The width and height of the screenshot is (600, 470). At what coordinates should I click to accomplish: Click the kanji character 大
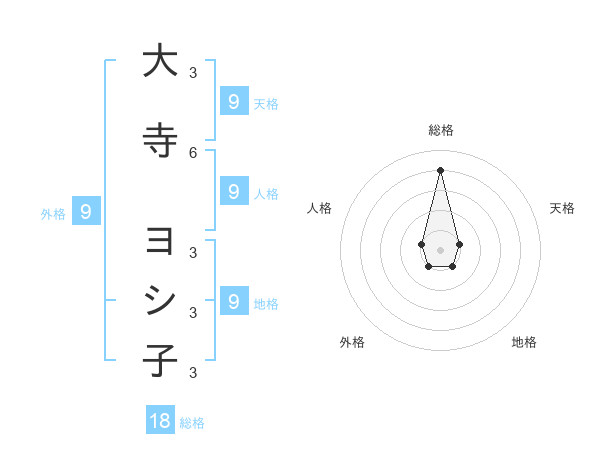pos(160,61)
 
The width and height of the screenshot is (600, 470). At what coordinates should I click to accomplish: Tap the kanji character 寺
pos(160,141)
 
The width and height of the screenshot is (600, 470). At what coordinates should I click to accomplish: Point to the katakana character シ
pos(160,301)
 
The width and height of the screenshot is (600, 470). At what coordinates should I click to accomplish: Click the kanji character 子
pos(160,360)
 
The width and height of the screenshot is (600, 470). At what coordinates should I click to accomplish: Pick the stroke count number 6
pos(193,152)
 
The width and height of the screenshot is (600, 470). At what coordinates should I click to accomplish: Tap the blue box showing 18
pos(160,421)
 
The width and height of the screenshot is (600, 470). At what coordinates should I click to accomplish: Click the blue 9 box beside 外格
pos(86,212)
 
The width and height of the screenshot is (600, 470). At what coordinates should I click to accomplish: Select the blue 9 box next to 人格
pos(233,192)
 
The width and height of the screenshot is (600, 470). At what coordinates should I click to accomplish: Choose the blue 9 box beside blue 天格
pos(233,101)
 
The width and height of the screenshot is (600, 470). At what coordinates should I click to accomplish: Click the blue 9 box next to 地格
pos(233,301)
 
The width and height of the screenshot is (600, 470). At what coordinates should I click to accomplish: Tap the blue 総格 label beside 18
pos(192,423)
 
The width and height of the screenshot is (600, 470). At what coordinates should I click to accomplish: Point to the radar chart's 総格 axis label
pos(440,130)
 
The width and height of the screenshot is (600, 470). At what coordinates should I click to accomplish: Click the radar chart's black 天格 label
pos(563,208)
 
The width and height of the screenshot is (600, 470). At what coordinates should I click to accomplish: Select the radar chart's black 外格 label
pos(352,342)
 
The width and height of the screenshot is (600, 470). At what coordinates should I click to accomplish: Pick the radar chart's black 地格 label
pos(524,342)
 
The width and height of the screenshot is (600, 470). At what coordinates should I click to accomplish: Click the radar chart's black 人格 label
pos(319,208)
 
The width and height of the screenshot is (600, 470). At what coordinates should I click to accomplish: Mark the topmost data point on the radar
pos(440,169)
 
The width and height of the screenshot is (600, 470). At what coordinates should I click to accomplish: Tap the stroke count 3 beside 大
pos(193,72)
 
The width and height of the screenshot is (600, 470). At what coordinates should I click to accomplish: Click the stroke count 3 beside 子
pos(193,372)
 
